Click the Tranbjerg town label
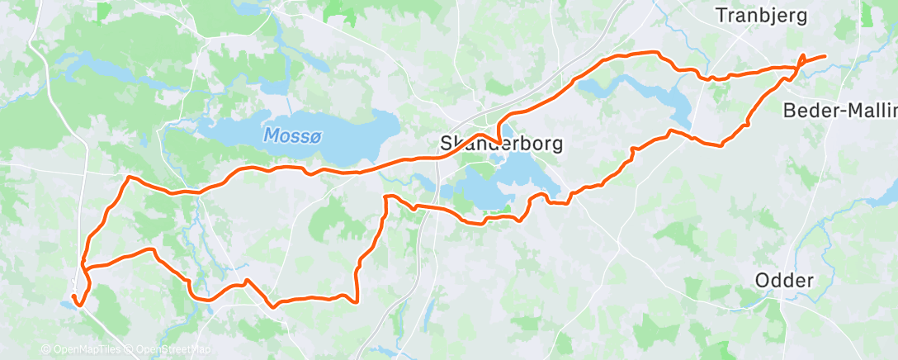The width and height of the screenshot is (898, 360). click(762, 16)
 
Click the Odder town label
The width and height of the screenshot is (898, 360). click(784, 281)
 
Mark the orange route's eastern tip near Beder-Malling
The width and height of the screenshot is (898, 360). click(824, 56)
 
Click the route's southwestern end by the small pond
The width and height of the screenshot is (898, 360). click(73, 296)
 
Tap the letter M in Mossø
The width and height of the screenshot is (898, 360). click(271, 133)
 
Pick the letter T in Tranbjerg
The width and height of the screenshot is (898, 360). click(721, 16)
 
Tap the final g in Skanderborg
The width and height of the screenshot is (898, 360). click(557, 145)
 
